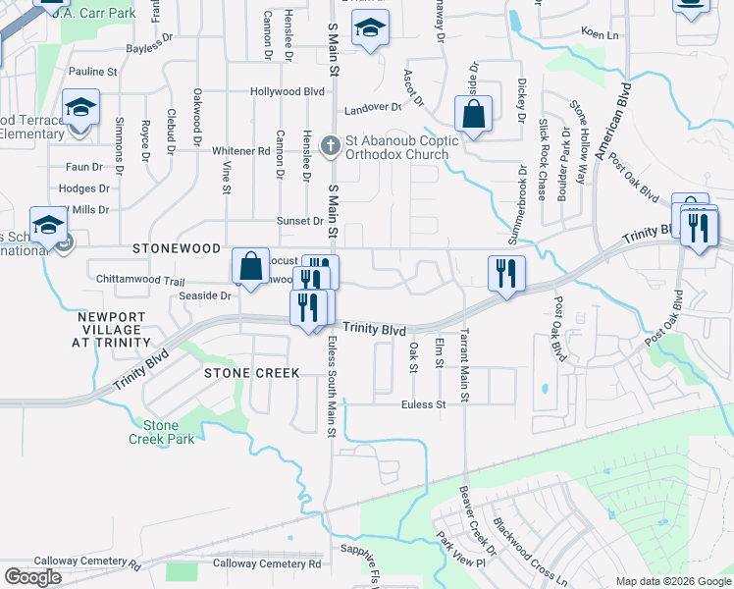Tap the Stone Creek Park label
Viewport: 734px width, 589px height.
(161, 432)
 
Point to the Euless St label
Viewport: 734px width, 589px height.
(423, 403)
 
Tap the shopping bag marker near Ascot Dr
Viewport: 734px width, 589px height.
(473, 114)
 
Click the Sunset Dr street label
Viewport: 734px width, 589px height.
(299, 221)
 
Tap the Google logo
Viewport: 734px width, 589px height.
(32, 577)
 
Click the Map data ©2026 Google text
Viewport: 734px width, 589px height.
(672, 581)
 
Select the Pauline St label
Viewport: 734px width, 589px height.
(93, 72)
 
